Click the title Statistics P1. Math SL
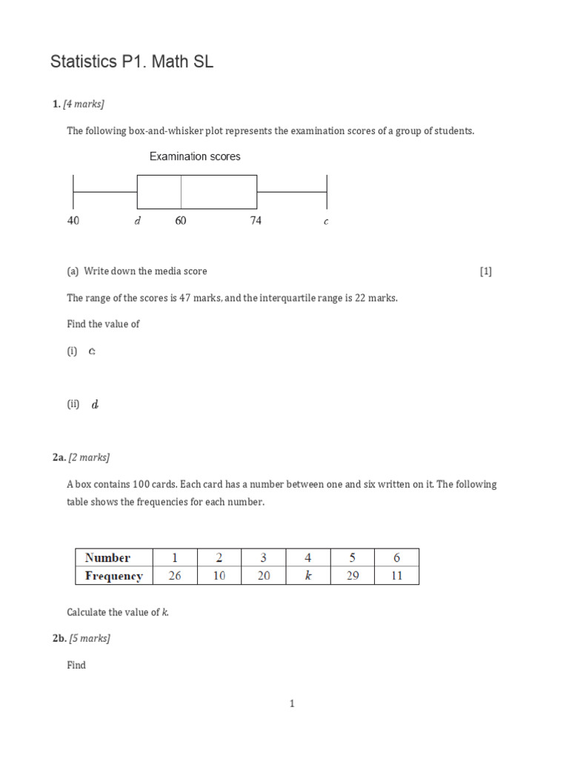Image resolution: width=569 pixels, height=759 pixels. (x=132, y=62)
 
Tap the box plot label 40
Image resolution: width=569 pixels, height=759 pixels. (x=73, y=221)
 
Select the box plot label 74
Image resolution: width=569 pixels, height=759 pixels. (x=256, y=221)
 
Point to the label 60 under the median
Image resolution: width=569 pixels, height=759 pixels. (x=181, y=221)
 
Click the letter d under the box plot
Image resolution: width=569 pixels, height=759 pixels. (x=137, y=221)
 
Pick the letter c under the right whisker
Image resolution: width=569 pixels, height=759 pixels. (x=326, y=222)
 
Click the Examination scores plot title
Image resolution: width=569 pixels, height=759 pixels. (x=195, y=156)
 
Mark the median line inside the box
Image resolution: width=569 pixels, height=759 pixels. (x=181, y=192)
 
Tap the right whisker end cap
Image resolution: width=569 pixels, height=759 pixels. (x=327, y=192)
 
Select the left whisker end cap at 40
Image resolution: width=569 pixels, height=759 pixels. (x=73, y=192)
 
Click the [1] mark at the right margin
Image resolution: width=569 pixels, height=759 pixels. (x=485, y=271)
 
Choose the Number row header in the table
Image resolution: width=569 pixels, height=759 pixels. (x=107, y=558)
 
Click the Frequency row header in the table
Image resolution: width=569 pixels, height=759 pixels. (x=114, y=576)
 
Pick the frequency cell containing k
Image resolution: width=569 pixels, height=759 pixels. (x=308, y=576)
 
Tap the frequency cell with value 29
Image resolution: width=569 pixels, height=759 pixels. (x=353, y=576)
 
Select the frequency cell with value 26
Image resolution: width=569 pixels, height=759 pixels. (x=175, y=576)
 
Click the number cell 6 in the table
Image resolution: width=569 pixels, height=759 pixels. (x=396, y=558)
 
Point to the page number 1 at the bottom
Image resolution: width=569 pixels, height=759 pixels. (x=292, y=704)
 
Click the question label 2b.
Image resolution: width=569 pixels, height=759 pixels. (x=59, y=638)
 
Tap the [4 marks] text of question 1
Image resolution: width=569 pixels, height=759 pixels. (x=88, y=104)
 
